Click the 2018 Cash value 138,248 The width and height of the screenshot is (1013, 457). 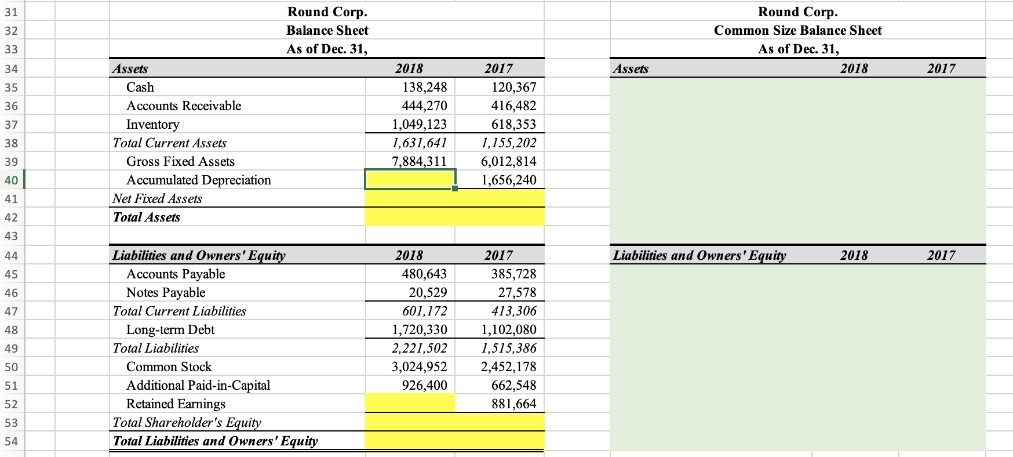click(424, 88)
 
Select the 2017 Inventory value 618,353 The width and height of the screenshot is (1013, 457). click(513, 125)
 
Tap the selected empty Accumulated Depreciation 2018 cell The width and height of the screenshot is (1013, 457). click(410, 179)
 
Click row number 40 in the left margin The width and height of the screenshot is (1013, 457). click(11, 180)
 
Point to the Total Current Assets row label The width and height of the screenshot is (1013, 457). click(169, 143)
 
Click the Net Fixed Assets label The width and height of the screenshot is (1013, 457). click(157, 199)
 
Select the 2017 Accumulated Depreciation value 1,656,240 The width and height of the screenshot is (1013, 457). click(508, 180)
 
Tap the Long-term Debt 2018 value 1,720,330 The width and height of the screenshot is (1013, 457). click(419, 330)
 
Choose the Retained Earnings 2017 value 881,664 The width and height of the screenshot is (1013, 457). click(513, 404)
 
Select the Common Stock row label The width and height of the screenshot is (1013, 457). click(169, 367)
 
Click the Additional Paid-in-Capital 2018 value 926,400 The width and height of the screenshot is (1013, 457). click(424, 386)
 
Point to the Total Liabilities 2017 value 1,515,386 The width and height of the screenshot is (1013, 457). click(508, 349)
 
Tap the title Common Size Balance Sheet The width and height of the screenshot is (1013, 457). click(797, 31)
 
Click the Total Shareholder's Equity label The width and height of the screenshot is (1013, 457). click(187, 423)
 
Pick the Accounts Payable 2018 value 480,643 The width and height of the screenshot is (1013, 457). click(424, 274)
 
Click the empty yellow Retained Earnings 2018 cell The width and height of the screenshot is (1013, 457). click(410, 403)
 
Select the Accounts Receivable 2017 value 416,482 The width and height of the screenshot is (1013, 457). click(513, 106)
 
